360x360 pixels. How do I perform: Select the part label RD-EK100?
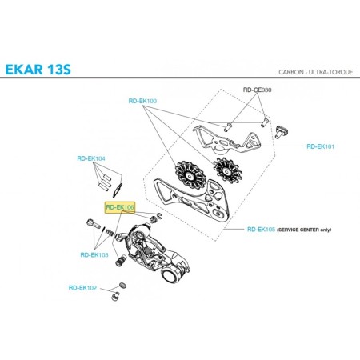[142, 102]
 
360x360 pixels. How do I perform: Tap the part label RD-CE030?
[258, 90]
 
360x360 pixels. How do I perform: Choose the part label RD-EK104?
[90, 158]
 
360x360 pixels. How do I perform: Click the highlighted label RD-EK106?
[120, 207]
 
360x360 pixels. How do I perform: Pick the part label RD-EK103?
[94, 255]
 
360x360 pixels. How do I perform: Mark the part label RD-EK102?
[82, 287]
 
